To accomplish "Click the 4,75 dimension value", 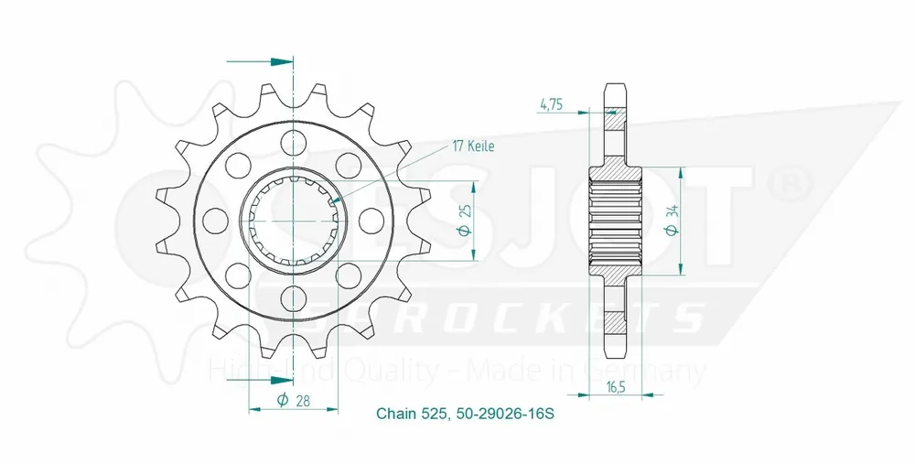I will click(x=551, y=104).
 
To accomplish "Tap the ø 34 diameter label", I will click(x=673, y=221).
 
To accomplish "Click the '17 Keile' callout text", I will click(x=473, y=146).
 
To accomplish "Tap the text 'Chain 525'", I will click(x=411, y=415).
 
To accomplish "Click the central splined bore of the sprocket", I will click(x=294, y=220).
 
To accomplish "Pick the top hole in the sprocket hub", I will click(x=294, y=142).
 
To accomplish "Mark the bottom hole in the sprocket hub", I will click(x=294, y=297).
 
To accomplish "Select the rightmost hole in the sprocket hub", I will click(x=371, y=220).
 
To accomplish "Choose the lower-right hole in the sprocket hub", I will click(x=349, y=275).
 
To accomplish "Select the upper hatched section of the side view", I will click(x=614, y=146).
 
